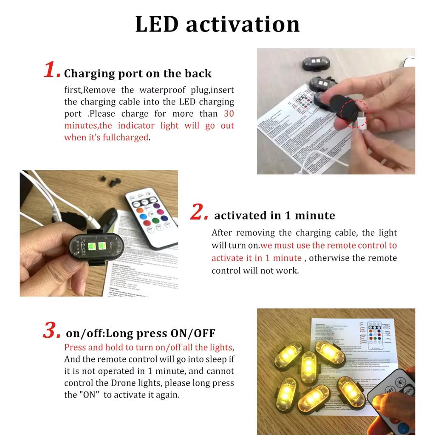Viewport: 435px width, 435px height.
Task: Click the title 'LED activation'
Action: tap(217, 24)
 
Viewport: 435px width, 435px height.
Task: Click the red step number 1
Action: tap(52, 70)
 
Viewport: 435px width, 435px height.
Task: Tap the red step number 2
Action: tap(199, 212)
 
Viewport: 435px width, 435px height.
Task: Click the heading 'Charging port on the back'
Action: tap(138, 73)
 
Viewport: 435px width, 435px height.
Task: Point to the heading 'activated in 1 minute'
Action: tap(274, 215)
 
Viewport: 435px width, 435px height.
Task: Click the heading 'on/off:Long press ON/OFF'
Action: tap(141, 333)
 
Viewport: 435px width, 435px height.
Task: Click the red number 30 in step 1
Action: tap(229, 114)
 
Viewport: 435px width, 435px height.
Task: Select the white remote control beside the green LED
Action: tap(151, 217)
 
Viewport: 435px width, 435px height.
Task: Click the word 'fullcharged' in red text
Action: tap(125, 138)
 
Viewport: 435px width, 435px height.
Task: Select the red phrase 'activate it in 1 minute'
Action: tap(257, 258)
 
